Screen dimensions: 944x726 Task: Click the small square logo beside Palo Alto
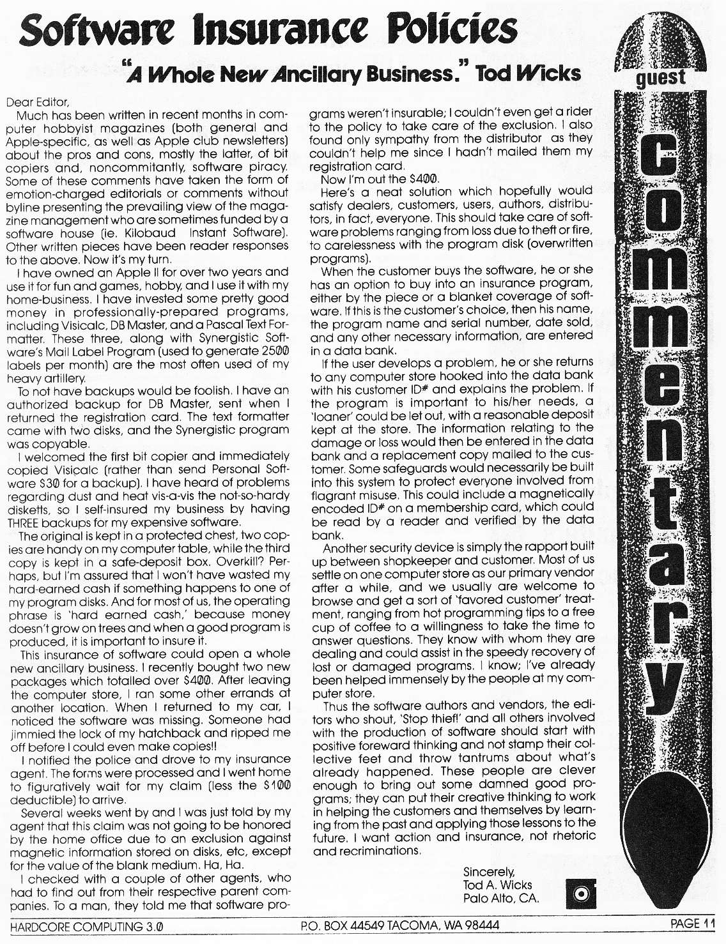(x=581, y=892)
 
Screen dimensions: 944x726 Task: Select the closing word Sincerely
(x=489, y=871)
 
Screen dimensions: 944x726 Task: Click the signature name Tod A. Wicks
(x=497, y=885)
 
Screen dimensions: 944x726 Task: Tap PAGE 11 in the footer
(x=693, y=924)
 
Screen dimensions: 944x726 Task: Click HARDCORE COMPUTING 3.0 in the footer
(x=86, y=926)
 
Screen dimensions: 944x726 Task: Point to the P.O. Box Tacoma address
(x=399, y=925)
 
